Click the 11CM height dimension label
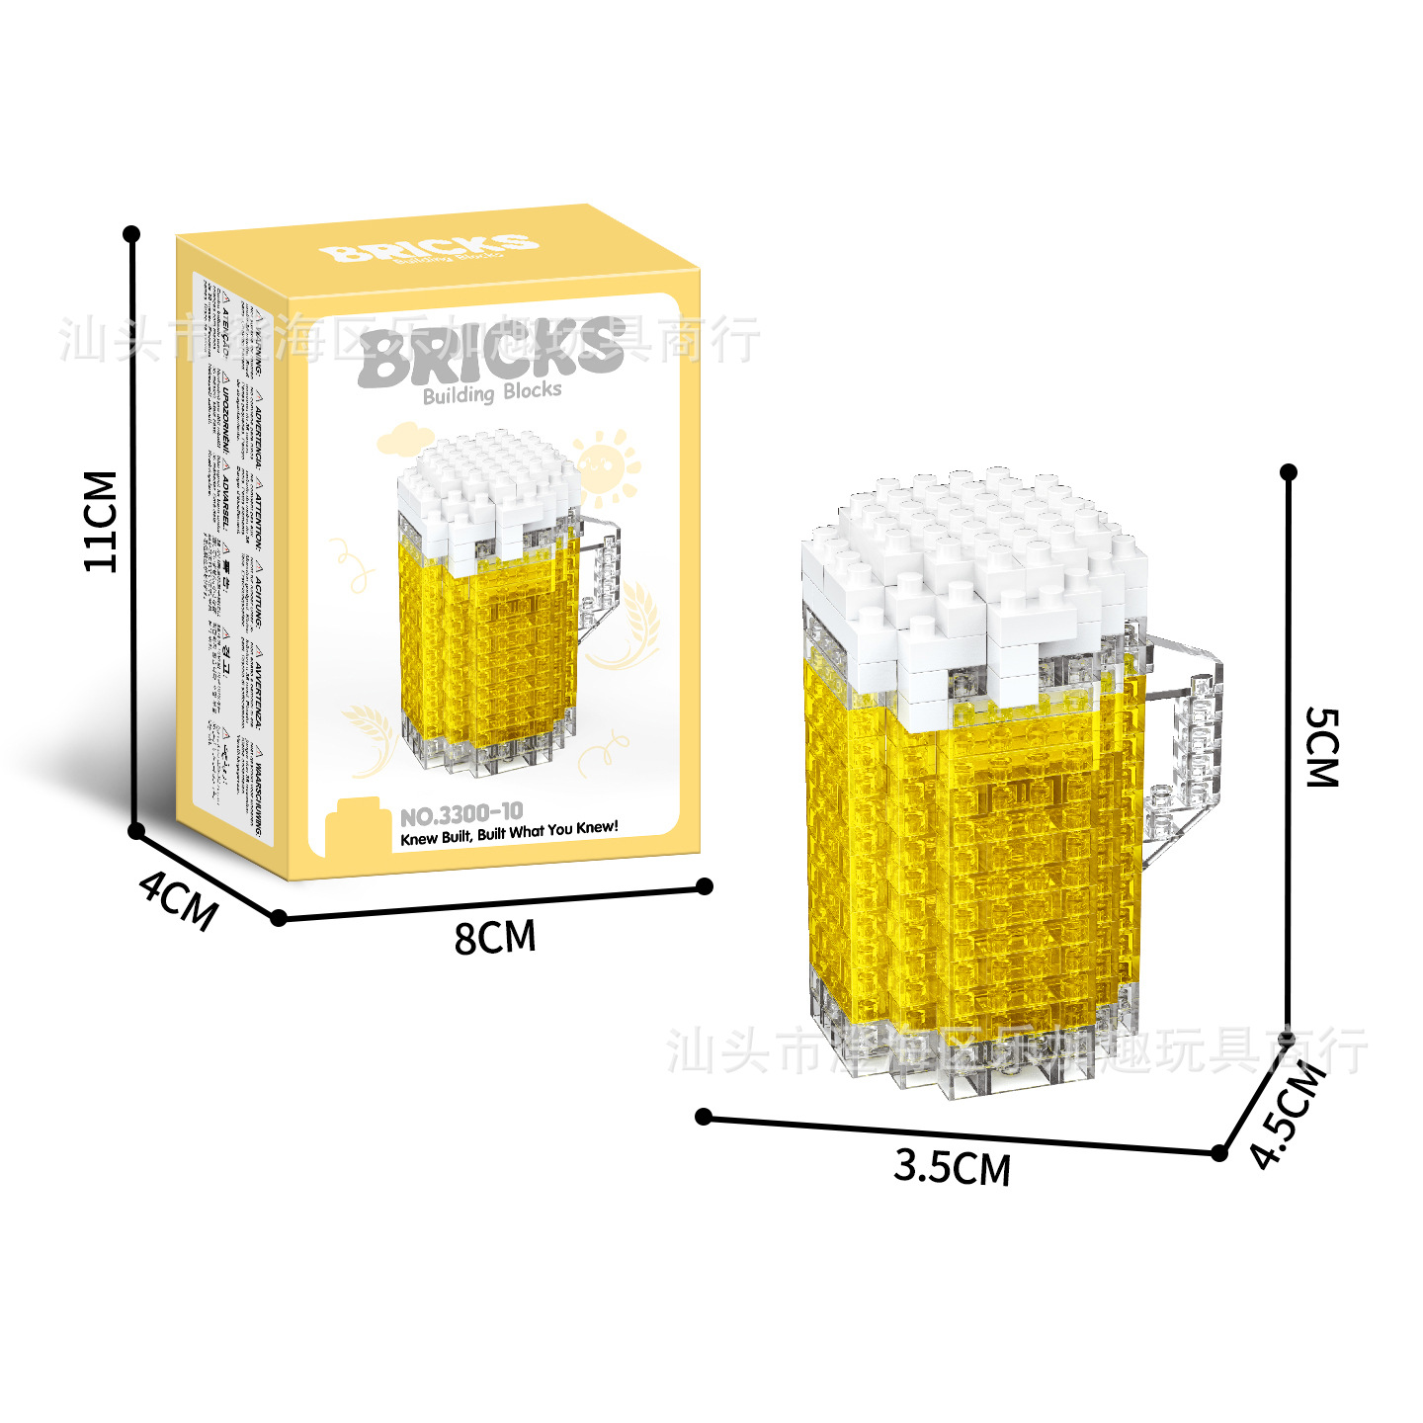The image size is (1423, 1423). point(101,522)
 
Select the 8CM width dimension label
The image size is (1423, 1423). point(495,937)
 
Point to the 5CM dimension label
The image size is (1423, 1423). point(1322,747)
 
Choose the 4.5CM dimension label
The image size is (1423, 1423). point(1287,1115)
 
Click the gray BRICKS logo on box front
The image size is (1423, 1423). point(491,353)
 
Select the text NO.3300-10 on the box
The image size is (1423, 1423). point(461,814)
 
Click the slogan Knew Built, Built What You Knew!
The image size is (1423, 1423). point(509,832)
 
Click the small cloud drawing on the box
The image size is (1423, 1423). point(402,436)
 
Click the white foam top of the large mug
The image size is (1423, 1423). point(973,573)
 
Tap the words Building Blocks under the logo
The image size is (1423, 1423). point(492,393)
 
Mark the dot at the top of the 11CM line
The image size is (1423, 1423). point(131,234)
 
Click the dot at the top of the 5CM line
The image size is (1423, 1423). point(1288,472)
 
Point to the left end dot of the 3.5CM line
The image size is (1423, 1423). point(704,1117)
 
